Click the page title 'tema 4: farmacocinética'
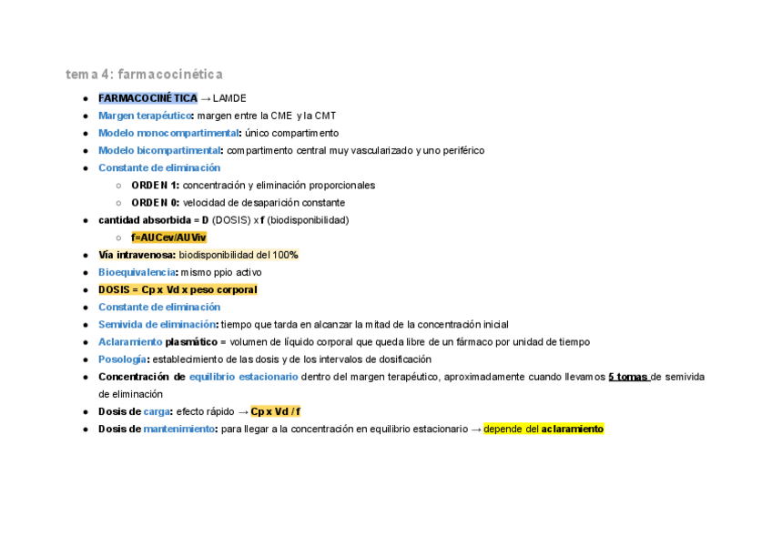tap(144, 74)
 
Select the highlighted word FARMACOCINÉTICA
tap(147, 98)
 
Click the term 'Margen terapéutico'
tap(145, 116)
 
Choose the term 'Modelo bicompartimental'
tap(159, 150)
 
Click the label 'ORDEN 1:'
tap(155, 186)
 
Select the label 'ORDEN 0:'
tap(155, 203)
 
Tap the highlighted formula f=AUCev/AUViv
tap(168, 238)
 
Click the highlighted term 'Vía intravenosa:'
tap(137, 255)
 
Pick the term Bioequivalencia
tap(137, 272)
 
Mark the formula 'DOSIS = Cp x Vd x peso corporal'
tap(178, 289)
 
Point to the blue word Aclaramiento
tap(129, 342)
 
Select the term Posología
tap(123, 359)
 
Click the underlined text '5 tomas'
tap(628, 377)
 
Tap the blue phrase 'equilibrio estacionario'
tap(243, 377)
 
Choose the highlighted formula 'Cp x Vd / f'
tap(275, 411)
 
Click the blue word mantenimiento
tap(178, 429)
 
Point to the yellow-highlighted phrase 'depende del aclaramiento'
tap(543, 429)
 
